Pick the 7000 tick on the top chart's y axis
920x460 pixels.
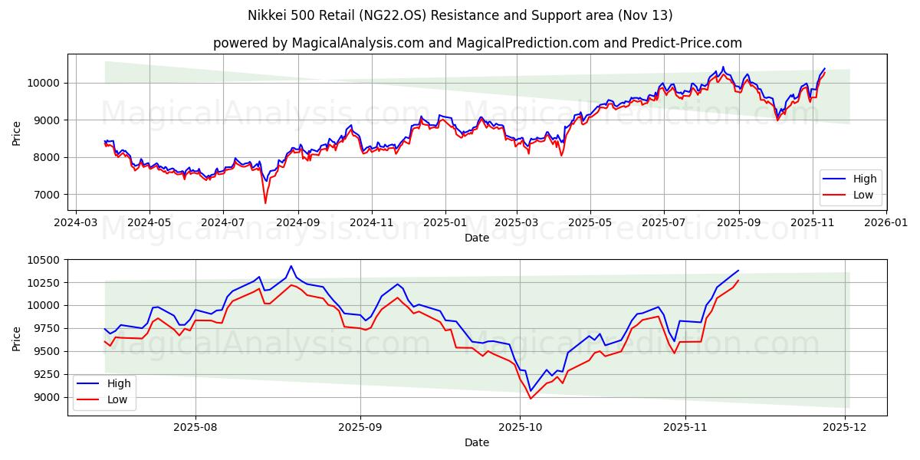click(x=48, y=195)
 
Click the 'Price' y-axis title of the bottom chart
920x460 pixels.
click(x=16, y=337)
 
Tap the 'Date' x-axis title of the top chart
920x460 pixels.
click(x=477, y=238)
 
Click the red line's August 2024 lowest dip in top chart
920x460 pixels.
click(x=265, y=203)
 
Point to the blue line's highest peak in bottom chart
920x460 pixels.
click(x=291, y=266)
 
